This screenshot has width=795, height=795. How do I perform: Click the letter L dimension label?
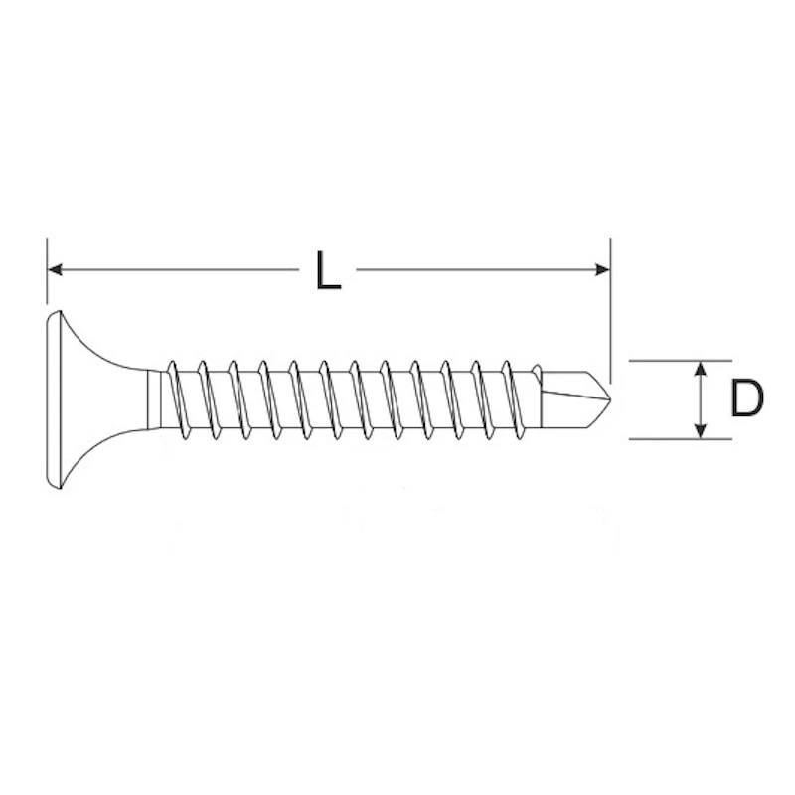(328, 270)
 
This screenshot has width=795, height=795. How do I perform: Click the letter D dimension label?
(747, 399)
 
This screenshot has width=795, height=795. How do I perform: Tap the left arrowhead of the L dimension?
(55, 269)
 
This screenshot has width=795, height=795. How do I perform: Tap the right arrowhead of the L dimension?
(603, 269)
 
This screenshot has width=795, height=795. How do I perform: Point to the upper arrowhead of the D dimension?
(701, 369)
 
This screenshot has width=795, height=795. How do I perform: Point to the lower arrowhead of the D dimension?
(701, 431)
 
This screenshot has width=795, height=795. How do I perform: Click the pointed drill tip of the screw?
(610, 399)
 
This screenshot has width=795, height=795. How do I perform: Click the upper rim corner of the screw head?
(60, 312)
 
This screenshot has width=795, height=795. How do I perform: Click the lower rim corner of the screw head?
(60, 488)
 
